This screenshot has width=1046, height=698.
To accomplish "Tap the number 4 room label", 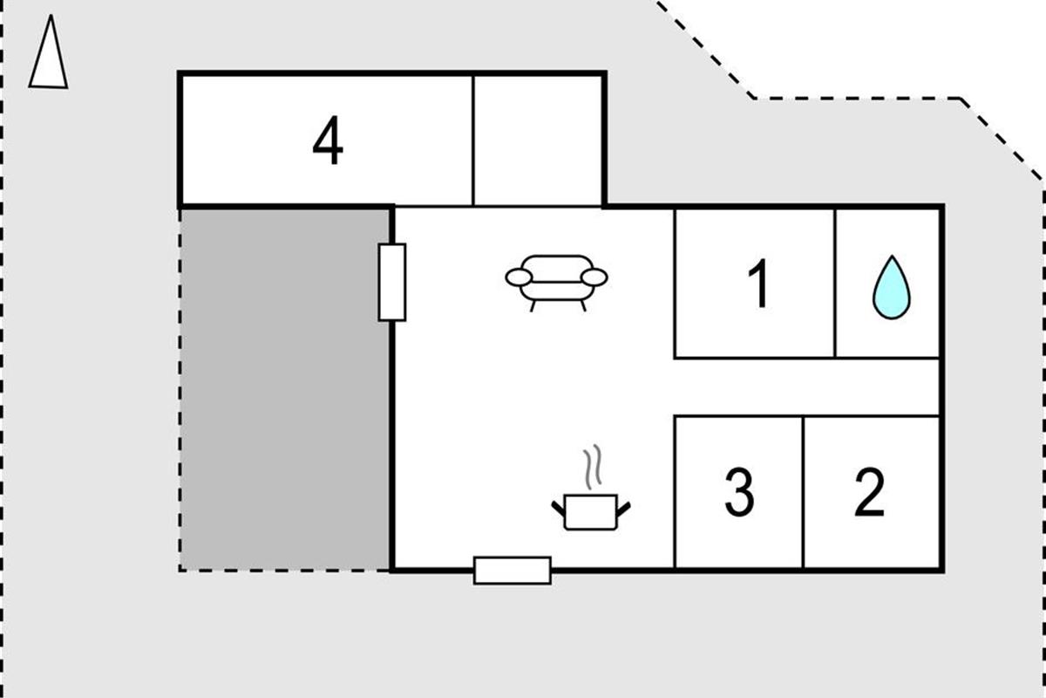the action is (x=328, y=140).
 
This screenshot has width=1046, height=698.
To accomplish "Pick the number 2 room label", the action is (x=870, y=492).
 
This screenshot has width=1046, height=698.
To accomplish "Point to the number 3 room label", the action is (x=739, y=492).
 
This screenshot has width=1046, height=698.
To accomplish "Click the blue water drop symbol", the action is (x=892, y=288).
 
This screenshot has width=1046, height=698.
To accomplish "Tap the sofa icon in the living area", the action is (x=556, y=284).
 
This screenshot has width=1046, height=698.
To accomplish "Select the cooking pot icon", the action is (x=591, y=512).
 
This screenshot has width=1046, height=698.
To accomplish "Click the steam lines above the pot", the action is (x=592, y=467).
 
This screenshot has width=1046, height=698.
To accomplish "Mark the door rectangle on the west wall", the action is (x=391, y=283).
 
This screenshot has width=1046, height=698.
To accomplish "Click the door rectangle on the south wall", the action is (x=513, y=571).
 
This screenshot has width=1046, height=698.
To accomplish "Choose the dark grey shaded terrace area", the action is (x=285, y=389).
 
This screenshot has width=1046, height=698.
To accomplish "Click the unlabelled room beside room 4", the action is (x=538, y=140).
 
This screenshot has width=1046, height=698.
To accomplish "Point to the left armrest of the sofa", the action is (x=519, y=277).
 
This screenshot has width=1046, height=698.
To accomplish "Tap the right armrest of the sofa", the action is (x=594, y=277).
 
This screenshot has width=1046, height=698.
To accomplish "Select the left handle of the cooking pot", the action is (x=558, y=509).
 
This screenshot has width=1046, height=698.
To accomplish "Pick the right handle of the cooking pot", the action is (x=624, y=509).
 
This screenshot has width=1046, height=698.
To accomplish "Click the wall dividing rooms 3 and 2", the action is (x=803, y=492).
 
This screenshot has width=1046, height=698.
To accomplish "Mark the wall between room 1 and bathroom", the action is (x=835, y=284).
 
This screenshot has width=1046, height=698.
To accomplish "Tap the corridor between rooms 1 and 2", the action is (x=807, y=387).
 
